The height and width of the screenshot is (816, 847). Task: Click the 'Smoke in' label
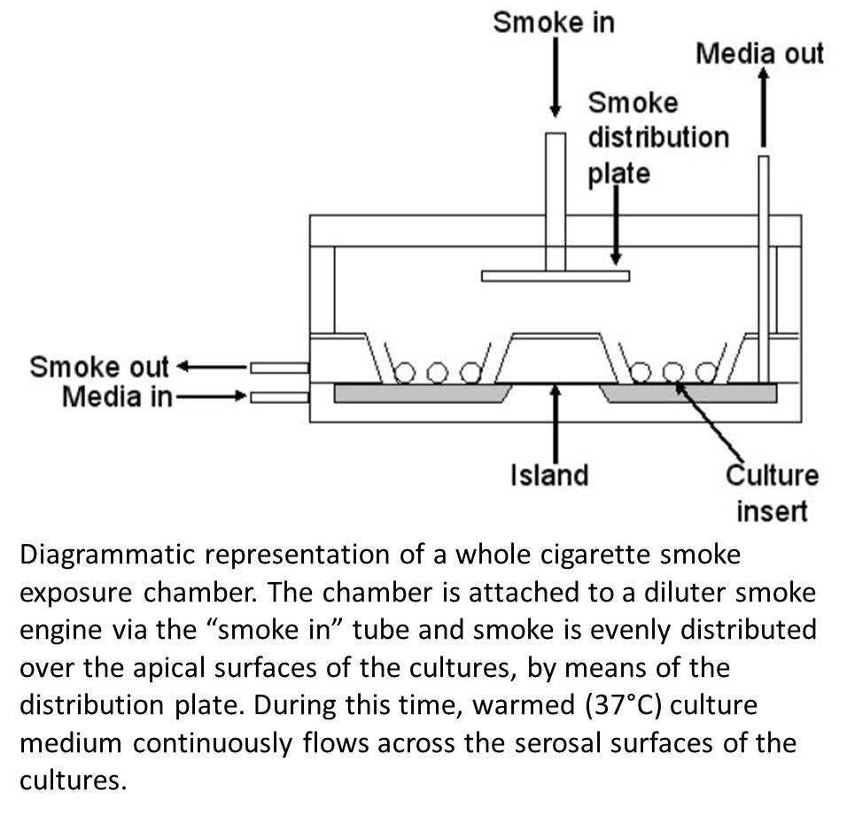tap(553, 21)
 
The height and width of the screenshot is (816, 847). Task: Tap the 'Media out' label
tap(759, 53)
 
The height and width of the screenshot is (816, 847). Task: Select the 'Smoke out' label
tap(99, 367)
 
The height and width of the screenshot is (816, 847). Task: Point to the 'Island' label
tap(549, 475)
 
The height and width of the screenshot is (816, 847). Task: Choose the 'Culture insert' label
tap(772, 493)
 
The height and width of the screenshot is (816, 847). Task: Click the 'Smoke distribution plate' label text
tap(657, 137)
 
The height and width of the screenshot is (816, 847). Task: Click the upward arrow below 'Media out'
tap(763, 106)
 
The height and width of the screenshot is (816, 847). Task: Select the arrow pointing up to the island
tap(556, 421)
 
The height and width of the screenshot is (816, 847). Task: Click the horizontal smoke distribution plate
tap(556, 276)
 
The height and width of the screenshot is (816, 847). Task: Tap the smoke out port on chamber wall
tap(279, 367)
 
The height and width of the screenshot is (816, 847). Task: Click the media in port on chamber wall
tap(279, 396)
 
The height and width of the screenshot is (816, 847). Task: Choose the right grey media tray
tap(688, 392)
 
